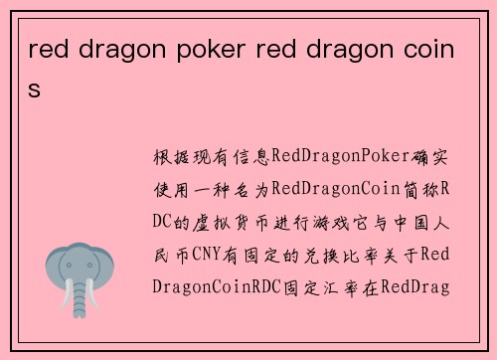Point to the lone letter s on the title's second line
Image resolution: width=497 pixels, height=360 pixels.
point(35,89)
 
